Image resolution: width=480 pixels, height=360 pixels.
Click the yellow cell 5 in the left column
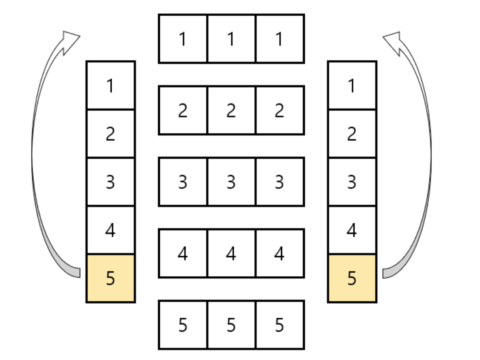point(111,278)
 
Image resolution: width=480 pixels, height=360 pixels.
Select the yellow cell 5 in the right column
point(352,278)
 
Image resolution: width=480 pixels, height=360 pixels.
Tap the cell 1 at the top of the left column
point(111,85)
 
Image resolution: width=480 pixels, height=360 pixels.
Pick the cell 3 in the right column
point(352,182)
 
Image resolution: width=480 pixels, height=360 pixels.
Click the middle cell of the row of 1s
point(231,39)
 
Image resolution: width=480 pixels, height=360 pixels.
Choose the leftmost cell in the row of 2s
point(183,110)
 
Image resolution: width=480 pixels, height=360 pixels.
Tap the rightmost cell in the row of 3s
point(280,182)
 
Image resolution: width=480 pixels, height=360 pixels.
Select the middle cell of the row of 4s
point(231,253)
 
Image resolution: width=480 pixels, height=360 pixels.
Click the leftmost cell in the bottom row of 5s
point(183,325)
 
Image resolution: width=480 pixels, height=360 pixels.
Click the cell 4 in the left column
point(111,230)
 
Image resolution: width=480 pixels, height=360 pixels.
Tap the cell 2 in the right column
point(352,134)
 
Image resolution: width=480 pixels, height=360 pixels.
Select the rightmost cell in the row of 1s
point(280,39)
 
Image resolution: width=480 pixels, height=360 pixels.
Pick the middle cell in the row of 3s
point(231,182)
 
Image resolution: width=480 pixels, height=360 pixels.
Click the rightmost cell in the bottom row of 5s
point(280,325)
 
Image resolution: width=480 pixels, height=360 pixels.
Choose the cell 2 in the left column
point(111,134)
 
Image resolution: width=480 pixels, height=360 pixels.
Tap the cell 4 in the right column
point(352,230)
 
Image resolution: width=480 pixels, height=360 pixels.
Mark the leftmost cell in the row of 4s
point(183,253)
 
